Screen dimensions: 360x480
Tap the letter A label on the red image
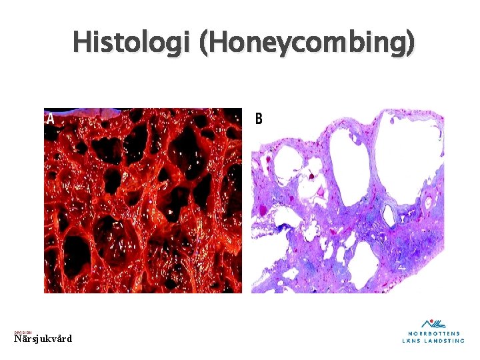point(49,119)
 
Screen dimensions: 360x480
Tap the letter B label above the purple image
point(259,119)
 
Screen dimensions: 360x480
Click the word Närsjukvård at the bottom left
point(43,339)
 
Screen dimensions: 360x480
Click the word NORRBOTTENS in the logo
point(433,333)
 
